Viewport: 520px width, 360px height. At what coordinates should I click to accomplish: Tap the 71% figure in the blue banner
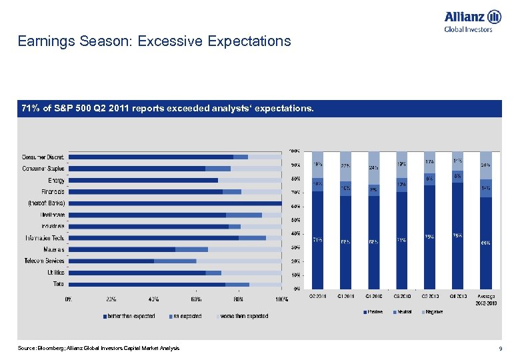31,108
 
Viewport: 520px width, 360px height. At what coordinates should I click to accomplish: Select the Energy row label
56,180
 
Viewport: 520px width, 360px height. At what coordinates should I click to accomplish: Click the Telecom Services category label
45,261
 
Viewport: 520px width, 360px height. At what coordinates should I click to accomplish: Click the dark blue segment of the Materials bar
122,249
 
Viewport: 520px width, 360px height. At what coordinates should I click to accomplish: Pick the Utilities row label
55,273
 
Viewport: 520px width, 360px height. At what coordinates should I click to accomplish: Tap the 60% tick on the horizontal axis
197,299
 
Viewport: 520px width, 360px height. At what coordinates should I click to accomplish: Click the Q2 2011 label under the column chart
318,296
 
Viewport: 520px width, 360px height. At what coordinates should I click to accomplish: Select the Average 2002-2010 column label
486,299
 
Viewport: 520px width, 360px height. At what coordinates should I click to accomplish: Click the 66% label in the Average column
486,243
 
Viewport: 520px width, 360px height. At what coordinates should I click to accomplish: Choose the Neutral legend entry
405,312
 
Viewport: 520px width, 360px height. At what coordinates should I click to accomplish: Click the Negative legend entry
435,312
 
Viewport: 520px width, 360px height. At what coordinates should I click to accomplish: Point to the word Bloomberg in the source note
47,349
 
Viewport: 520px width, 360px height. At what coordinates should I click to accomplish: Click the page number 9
499,349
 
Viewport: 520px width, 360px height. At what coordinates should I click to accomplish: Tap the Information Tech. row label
45,238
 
